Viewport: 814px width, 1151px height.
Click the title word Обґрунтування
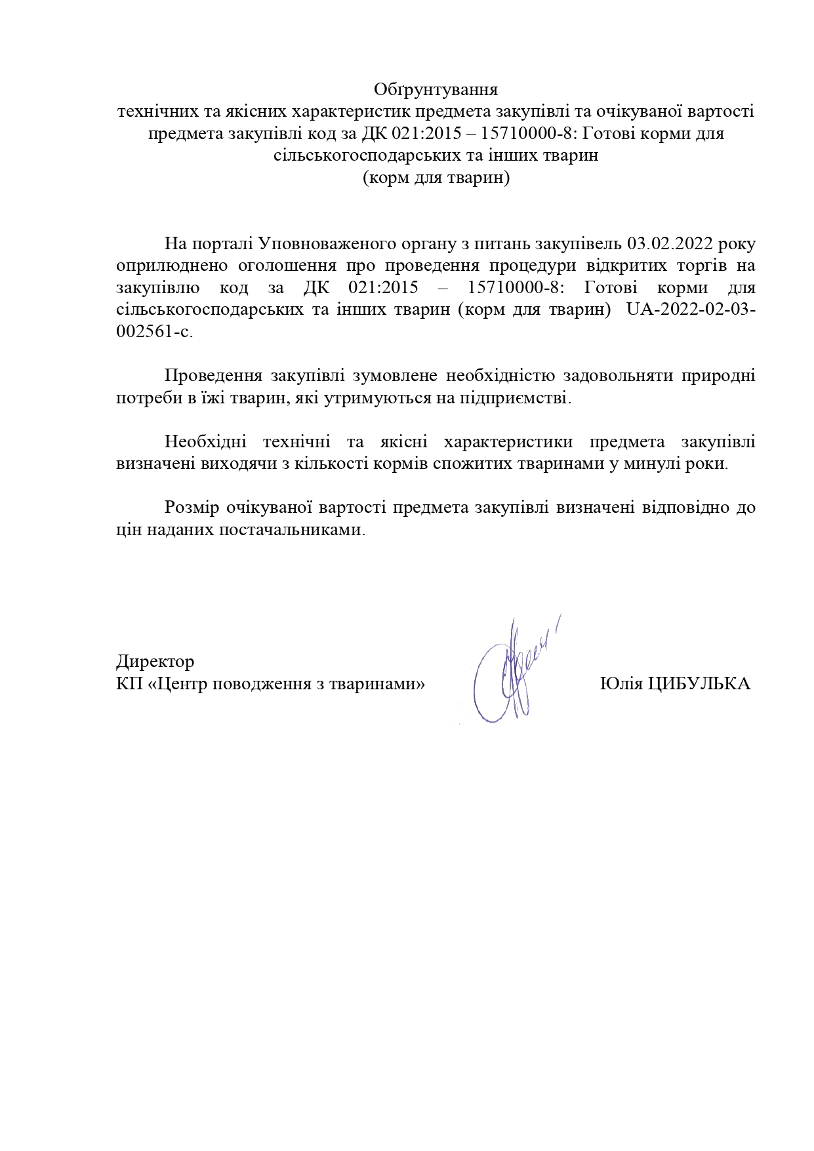[x=436, y=89]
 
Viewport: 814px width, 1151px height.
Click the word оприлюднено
[x=172, y=266]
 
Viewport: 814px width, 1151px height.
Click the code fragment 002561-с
[x=155, y=332]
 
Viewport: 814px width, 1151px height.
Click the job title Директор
[x=155, y=660]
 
